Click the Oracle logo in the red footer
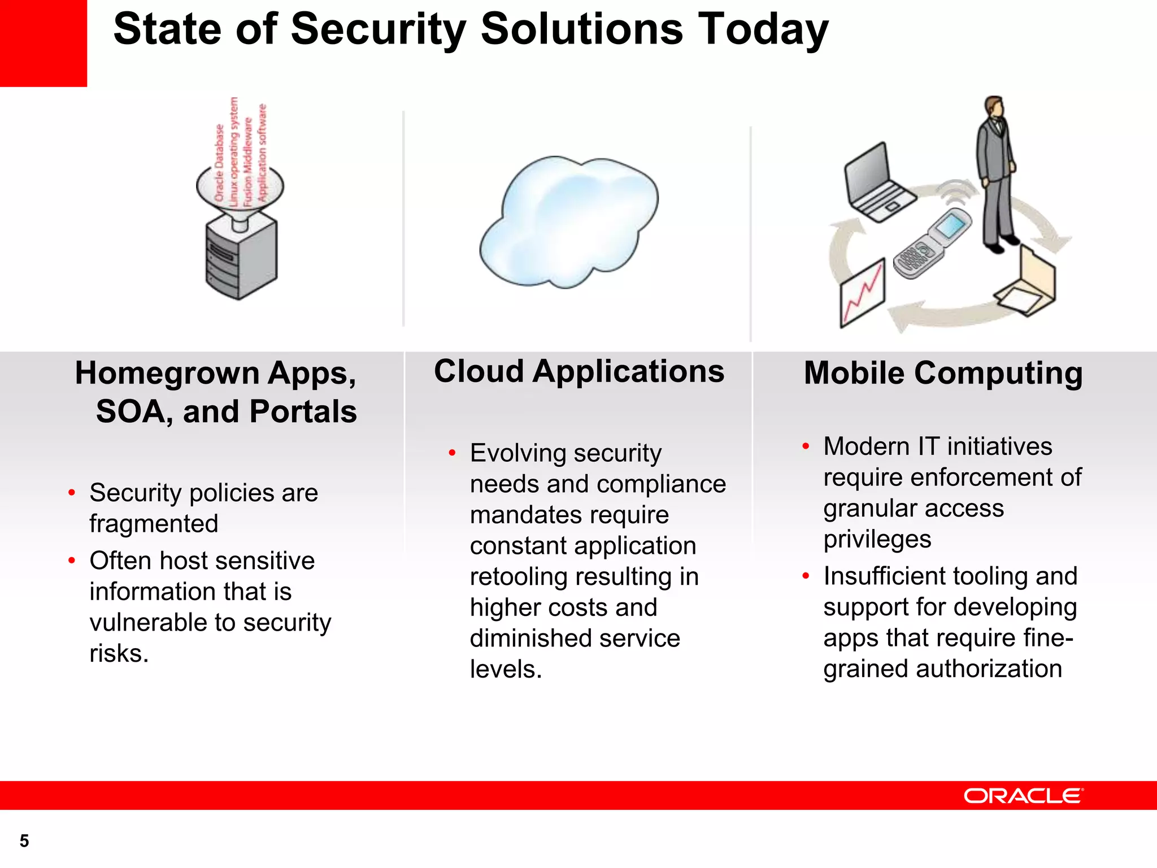coord(1023,796)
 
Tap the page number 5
coord(24,841)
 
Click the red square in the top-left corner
coord(43,43)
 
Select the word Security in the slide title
coord(378,29)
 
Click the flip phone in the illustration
coord(932,243)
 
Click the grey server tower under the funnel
coord(241,260)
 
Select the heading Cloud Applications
coord(579,372)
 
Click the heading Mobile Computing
coord(943,374)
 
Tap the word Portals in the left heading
coord(303,411)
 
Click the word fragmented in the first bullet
coord(154,524)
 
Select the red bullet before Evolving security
coord(452,453)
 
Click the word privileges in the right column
coord(877,539)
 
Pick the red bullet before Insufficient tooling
coord(806,576)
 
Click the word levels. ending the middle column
coord(506,670)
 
